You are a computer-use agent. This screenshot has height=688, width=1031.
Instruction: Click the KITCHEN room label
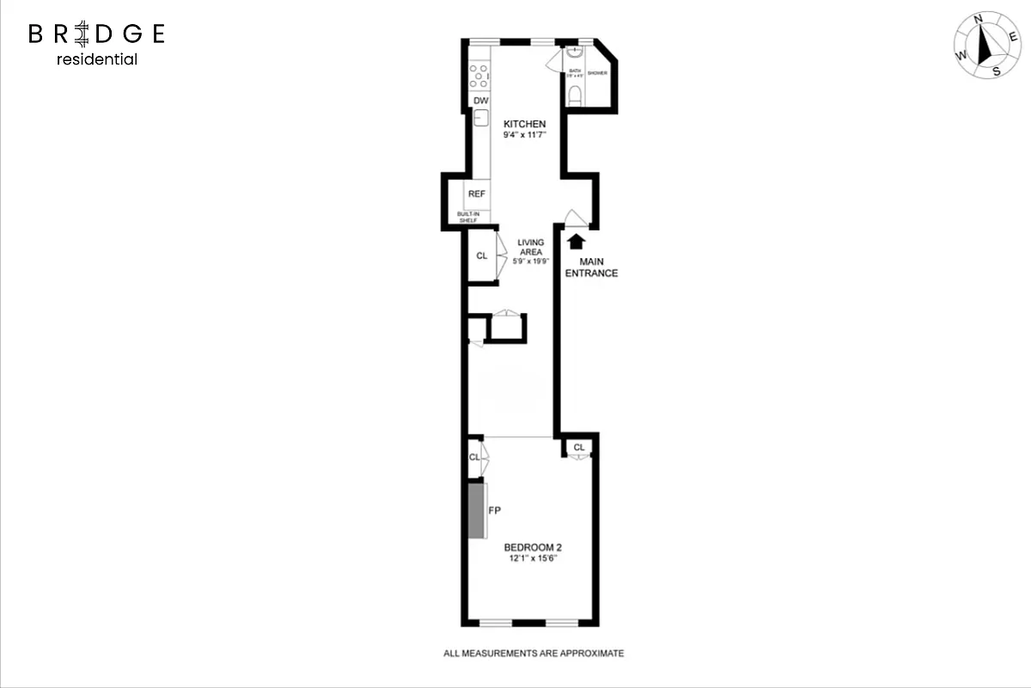524,124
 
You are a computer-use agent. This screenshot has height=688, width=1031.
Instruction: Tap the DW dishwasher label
481,101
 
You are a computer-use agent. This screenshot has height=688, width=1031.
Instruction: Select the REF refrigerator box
477,193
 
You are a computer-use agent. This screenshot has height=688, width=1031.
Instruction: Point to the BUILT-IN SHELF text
468,218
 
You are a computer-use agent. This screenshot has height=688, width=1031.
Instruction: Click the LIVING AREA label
530,247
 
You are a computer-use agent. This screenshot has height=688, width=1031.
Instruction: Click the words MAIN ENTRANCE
598,267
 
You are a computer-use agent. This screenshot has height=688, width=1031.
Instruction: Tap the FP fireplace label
494,510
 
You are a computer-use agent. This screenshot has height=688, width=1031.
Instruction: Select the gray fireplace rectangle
475,510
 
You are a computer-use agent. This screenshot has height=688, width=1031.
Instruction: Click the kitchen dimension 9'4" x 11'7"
524,135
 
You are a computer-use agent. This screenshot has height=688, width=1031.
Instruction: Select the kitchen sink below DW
481,119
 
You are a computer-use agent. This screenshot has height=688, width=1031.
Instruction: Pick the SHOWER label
598,73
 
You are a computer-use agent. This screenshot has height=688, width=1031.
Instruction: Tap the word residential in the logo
96,59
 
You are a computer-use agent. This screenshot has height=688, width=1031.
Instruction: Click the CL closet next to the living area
482,255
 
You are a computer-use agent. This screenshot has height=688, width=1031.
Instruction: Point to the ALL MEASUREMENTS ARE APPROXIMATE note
533,654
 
